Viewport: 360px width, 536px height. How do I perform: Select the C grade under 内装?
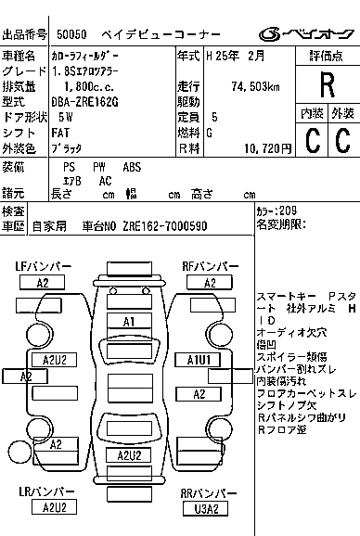pos(313,140)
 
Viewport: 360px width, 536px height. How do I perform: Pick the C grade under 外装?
pos(342,140)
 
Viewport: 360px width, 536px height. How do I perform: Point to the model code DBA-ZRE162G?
pos(84,101)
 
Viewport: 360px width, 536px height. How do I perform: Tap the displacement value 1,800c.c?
pos(83,85)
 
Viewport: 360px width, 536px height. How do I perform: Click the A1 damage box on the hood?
pos(130,321)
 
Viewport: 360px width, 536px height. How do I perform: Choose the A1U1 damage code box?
pos(199,358)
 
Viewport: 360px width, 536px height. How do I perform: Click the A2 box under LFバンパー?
pos(44,282)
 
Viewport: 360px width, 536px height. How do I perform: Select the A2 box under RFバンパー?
pos(211,282)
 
